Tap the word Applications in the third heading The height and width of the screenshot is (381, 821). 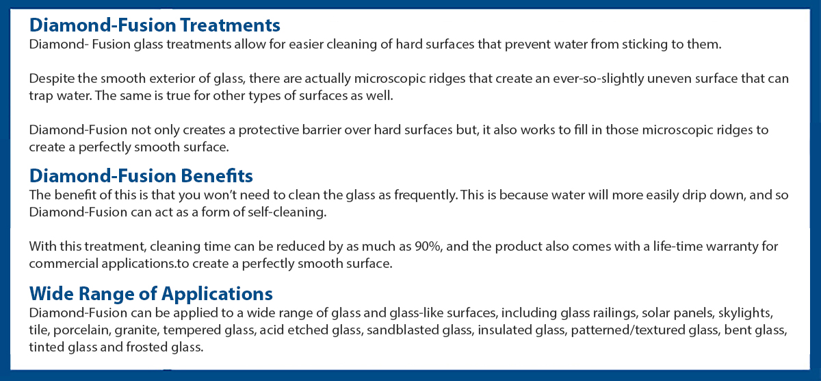(217, 293)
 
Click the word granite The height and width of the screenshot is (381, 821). (136, 330)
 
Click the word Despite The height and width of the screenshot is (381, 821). (50, 78)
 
